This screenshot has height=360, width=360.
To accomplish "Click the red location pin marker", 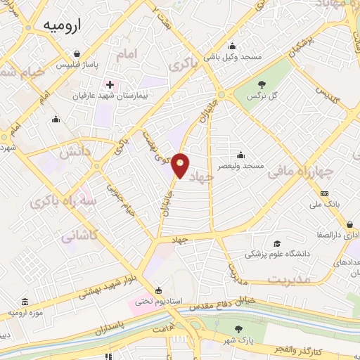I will (x=181, y=165).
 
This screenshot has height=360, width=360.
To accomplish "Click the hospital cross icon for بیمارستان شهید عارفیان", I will (x=110, y=84).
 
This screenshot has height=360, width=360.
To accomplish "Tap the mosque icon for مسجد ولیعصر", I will (x=241, y=155).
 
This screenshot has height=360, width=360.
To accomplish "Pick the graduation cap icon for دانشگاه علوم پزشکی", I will (x=276, y=243).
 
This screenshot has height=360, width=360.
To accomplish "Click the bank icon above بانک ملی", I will (x=324, y=193).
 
